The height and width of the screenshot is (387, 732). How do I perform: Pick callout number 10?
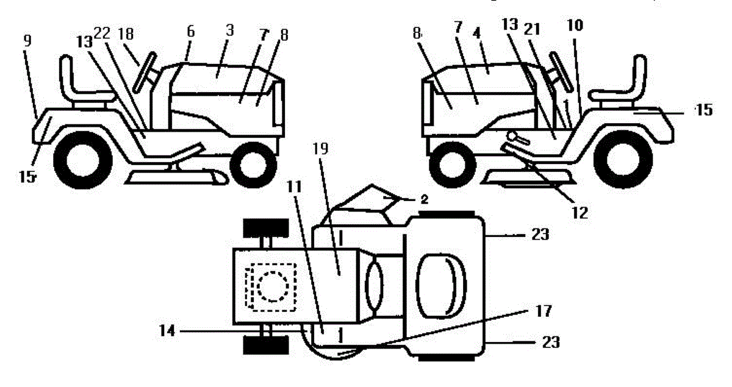point(574,26)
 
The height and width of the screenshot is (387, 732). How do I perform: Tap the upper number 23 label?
point(540,235)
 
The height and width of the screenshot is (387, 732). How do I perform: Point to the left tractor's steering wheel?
point(145,73)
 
